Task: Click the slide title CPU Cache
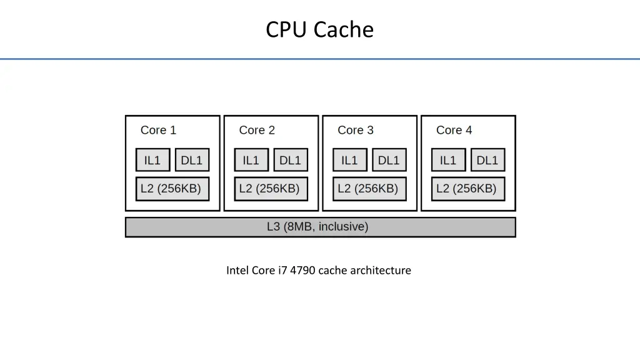click(x=319, y=29)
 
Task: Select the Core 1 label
click(x=158, y=130)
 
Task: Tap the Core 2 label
click(x=257, y=130)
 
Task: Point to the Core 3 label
click(x=356, y=130)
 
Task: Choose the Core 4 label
click(x=454, y=130)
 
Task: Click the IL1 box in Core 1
click(x=152, y=160)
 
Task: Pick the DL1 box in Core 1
click(x=192, y=160)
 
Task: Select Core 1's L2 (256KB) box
click(x=172, y=189)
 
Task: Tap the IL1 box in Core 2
click(x=251, y=160)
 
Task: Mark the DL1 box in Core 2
click(x=291, y=160)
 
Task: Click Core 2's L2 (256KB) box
click(x=271, y=189)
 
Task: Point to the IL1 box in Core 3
click(x=350, y=160)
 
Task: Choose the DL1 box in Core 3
click(x=389, y=160)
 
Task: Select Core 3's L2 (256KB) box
click(x=369, y=189)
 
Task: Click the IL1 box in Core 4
click(x=448, y=160)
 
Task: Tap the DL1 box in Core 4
click(x=487, y=160)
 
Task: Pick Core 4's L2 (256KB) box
click(x=468, y=189)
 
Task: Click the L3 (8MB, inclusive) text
click(x=317, y=227)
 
